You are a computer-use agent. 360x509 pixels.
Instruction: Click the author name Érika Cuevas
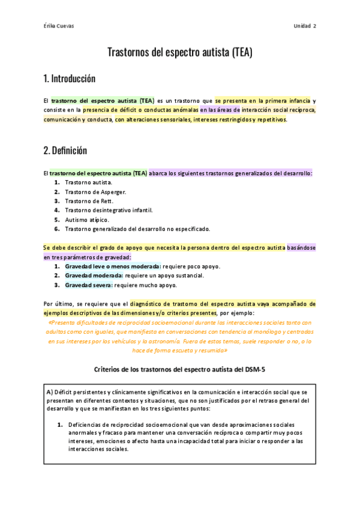[x=58, y=26]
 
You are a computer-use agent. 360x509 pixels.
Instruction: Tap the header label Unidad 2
[x=305, y=26]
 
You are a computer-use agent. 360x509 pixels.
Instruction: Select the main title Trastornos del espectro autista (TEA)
[x=180, y=52]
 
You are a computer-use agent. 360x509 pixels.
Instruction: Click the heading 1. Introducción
[x=70, y=79]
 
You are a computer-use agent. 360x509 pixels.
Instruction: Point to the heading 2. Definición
[x=65, y=151]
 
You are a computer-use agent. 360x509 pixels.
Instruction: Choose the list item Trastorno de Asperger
[x=91, y=191]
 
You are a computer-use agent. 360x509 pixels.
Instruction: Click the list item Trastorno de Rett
[x=89, y=201]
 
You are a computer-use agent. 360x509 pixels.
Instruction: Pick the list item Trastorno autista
[x=88, y=182]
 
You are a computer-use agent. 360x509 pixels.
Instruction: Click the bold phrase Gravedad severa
[x=88, y=285]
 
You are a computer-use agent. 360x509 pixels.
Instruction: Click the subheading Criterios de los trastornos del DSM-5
[x=180, y=369]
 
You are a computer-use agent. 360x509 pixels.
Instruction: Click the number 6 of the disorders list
[x=56, y=229]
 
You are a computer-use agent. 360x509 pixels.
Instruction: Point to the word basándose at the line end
[x=302, y=247]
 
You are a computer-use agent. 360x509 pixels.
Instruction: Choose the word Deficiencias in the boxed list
[x=85, y=424]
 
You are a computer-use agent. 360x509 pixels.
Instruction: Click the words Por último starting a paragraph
[x=58, y=304]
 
